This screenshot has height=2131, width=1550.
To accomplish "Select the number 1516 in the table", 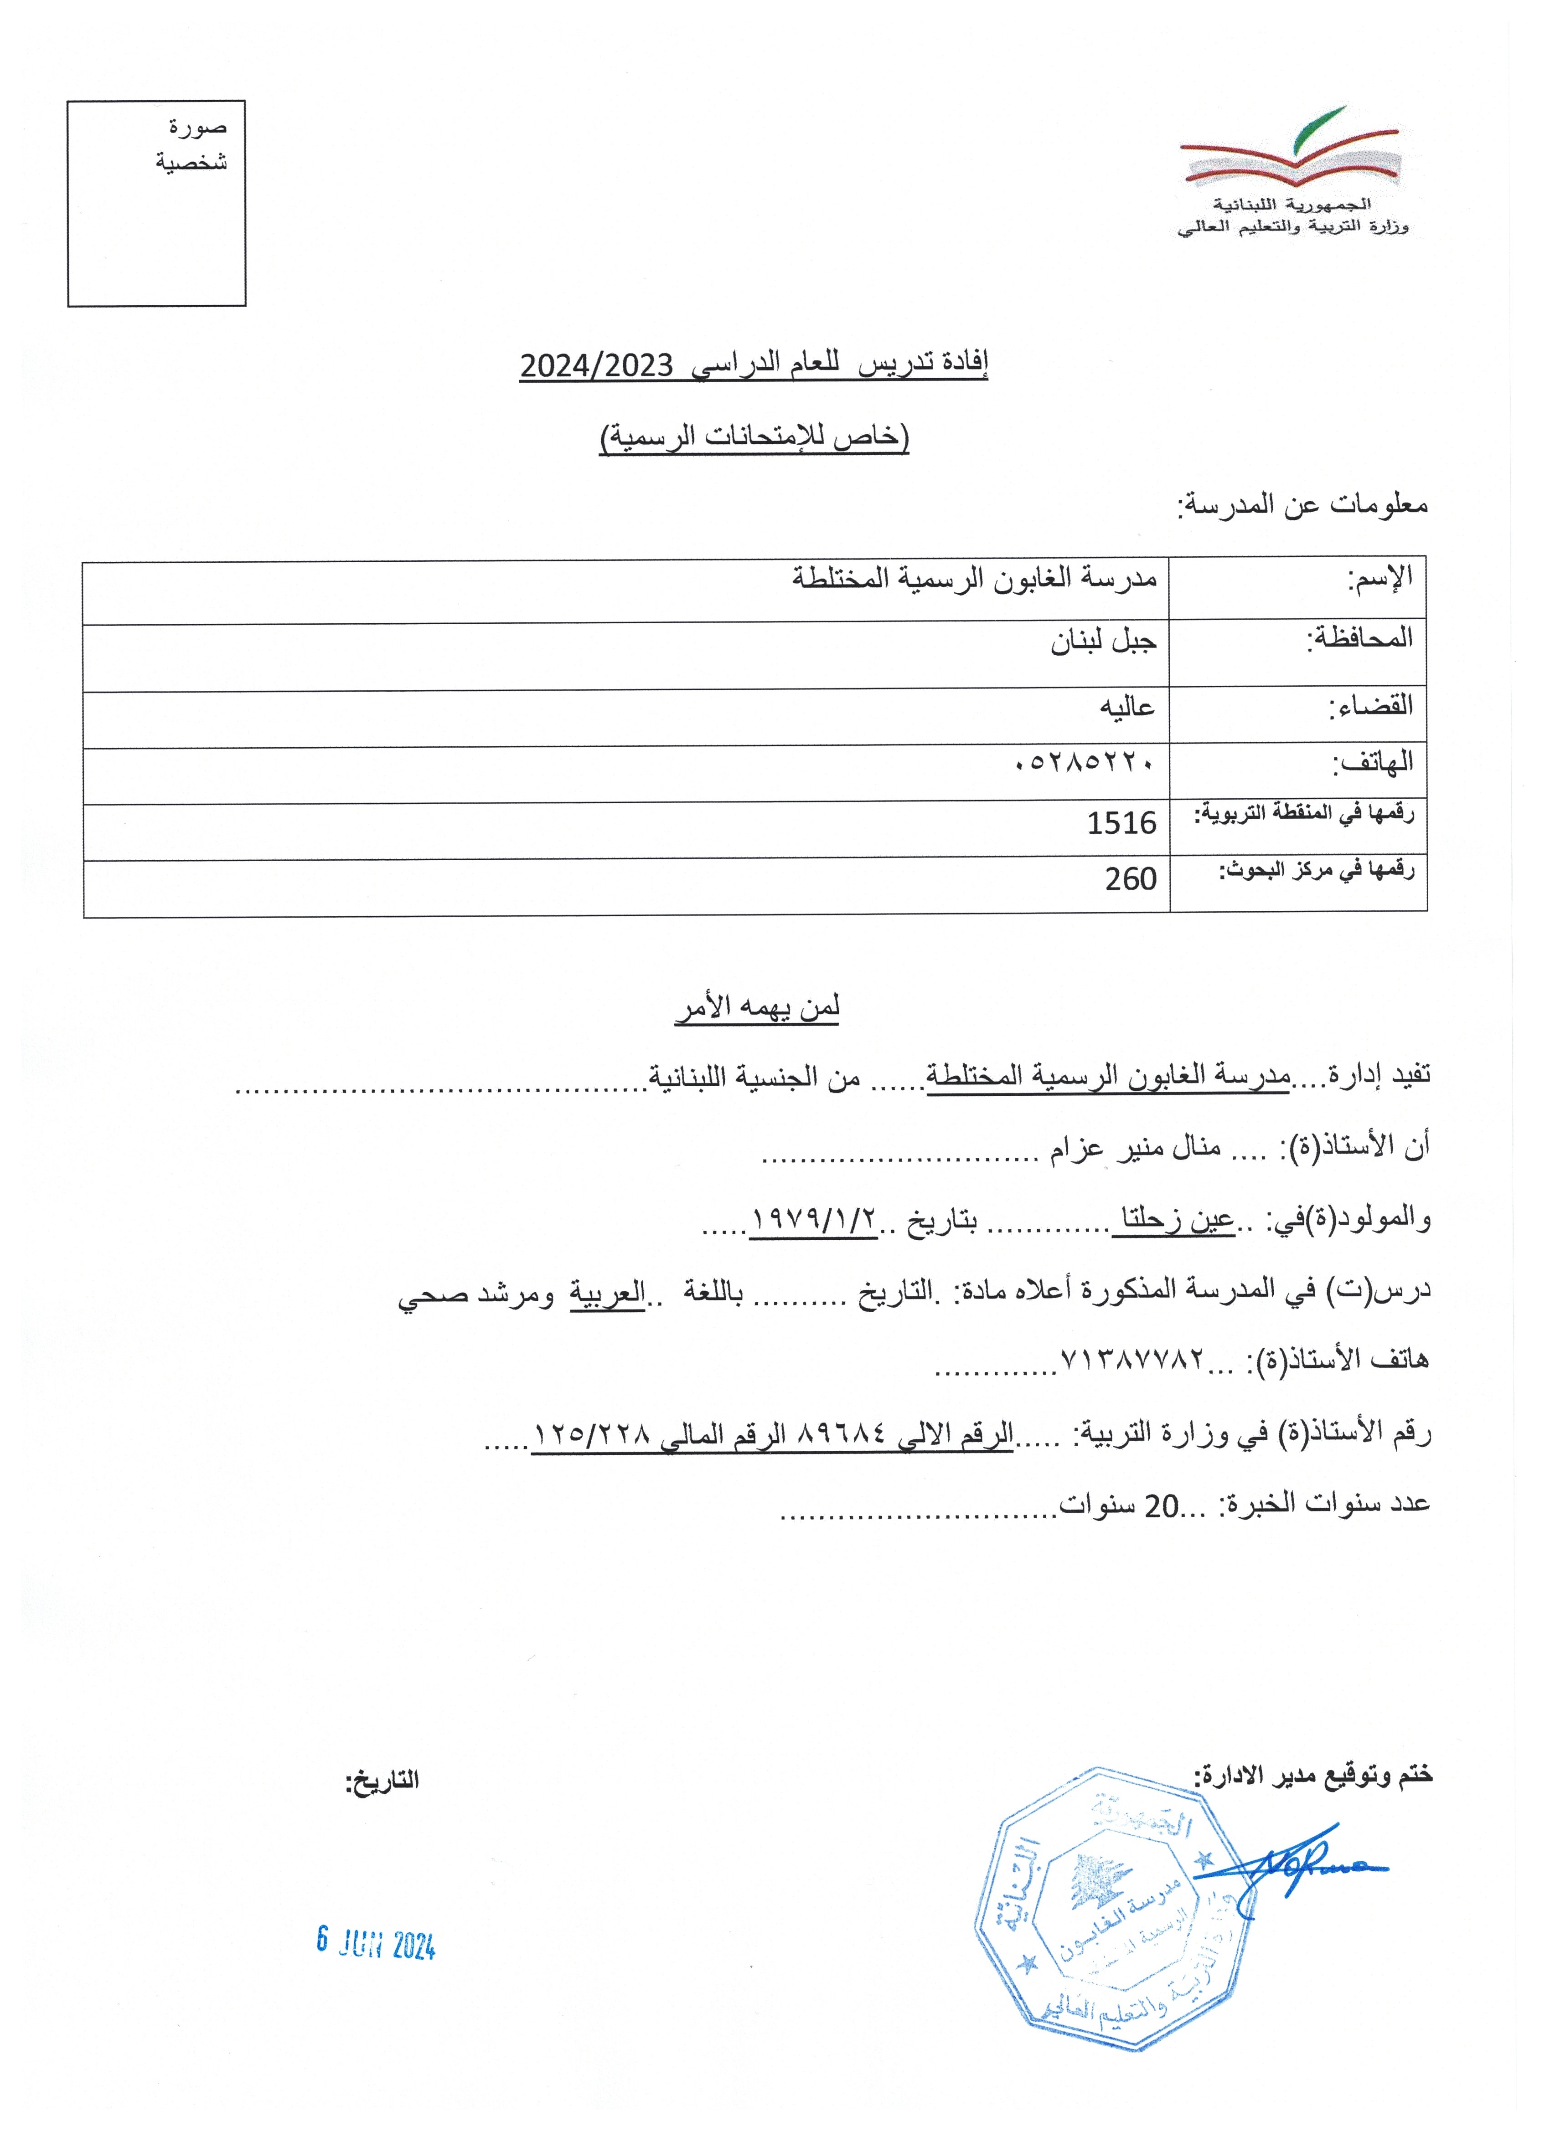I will click(x=1121, y=823).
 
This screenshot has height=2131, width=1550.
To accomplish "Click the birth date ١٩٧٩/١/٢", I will click(x=814, y=1220).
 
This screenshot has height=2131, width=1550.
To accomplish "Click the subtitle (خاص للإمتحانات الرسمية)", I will click(x=755, y=438).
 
